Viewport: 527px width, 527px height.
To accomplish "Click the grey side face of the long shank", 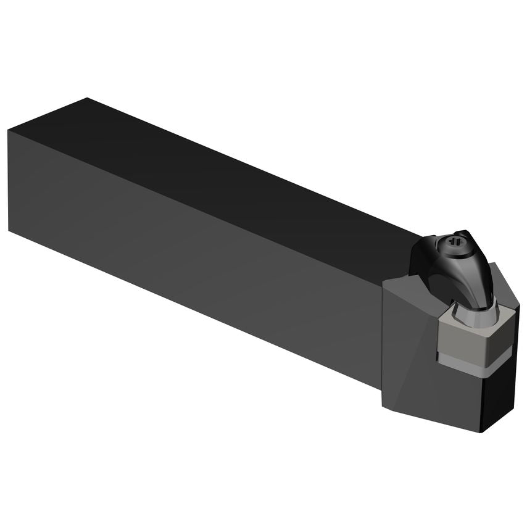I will (185, 247).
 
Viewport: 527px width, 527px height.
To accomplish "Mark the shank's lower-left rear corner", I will (9, 229).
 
